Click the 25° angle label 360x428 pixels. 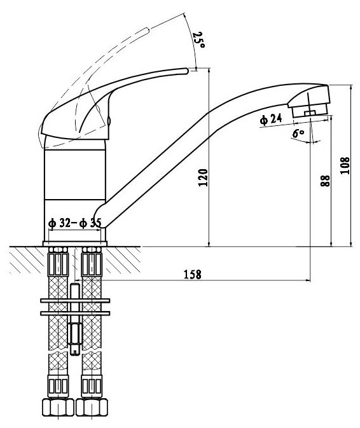point(198,40)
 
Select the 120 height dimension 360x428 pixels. point(203,177)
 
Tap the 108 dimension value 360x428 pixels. point(345,165)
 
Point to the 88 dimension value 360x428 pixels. point(325,181)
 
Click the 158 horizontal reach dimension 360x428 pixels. point(193,275)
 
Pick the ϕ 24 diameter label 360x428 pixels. point(271,120)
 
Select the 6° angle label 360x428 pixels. point(298,133)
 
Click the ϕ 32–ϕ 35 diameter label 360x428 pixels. point(75,223)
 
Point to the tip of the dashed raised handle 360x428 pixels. point(148,30)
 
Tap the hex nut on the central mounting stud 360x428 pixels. point(75,334)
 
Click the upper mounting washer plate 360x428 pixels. point(75,301)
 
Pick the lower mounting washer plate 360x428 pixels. point(75,314)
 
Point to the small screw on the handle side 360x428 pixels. point(109,120)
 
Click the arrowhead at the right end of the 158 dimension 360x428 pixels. point(308,280)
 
